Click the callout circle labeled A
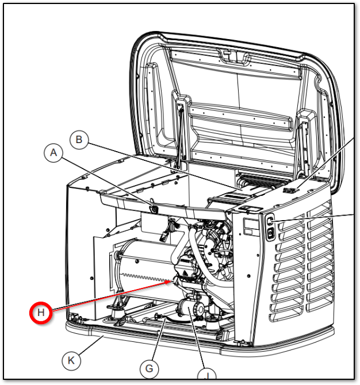point(53,153)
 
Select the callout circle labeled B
point(79,140)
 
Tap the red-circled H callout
point(41,313)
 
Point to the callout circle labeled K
point(71,360)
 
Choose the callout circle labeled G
point(149,368)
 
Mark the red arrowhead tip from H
point(172,281)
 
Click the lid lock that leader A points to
point(154,209)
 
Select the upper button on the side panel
point(270,221)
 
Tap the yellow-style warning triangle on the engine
point(184,272)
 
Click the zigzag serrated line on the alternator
point(147,278)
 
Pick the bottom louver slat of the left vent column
point(286,316)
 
